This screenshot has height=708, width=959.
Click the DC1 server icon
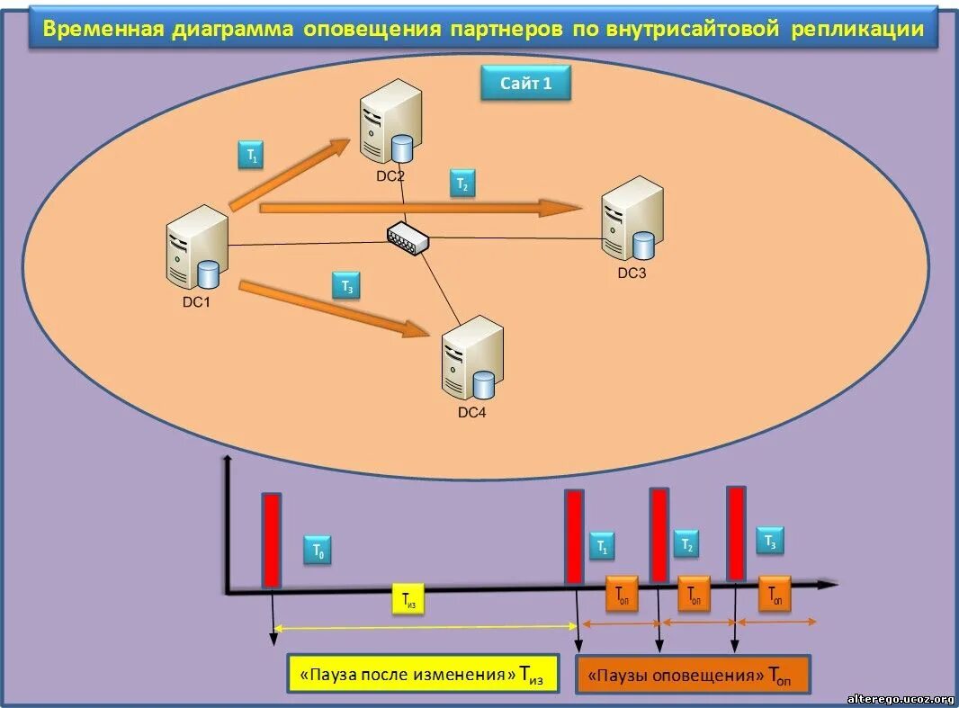[195, 247]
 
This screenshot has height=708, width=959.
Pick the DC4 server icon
[471, 360]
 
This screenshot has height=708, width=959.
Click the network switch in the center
[408, 237]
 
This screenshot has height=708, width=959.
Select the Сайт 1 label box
[525, 84]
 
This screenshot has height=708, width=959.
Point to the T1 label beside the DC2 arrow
[252, 155]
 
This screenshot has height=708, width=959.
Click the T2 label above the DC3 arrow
[462, 184]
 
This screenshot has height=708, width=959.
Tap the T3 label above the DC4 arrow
[346, 285]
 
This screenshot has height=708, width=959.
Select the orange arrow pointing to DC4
[333, 310]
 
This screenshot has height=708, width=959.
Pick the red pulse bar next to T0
[272, 540]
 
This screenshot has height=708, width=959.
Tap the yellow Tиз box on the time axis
[408, 601]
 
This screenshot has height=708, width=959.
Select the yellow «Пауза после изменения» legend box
[421, 674]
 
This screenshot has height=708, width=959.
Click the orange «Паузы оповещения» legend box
[692, 674]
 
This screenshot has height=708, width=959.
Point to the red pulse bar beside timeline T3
[736, 533]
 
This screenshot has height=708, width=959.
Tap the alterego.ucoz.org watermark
[900, 698]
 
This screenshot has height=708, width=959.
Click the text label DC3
[632, 273]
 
